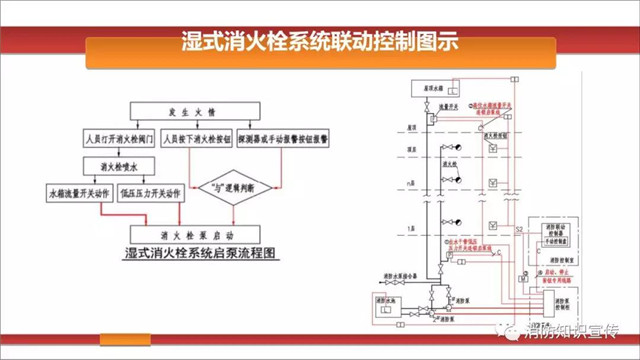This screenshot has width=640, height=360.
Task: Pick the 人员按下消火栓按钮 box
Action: coord(198,133)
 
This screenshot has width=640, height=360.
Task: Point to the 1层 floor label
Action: coord(411,229)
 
